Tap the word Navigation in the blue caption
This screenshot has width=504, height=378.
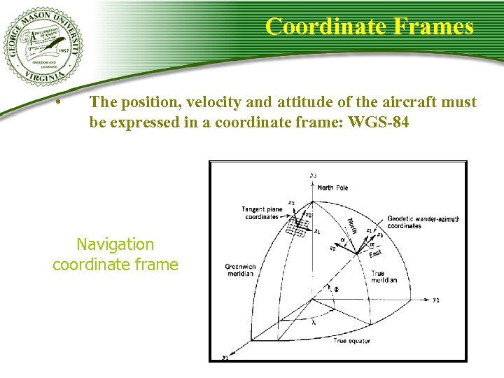pyautogui.click(x=115, y=244)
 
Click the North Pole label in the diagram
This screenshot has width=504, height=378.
pyautogui.click(x=332, y=188)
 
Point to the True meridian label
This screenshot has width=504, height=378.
pyautogui.click(x=384, y=276)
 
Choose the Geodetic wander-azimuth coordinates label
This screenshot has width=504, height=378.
pyautogui.click(x=423, y=222)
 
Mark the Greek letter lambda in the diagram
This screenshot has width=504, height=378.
pyautogui.click(x=313, y=323)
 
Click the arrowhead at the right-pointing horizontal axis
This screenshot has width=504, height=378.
pyautogui.click(x=427, y=300)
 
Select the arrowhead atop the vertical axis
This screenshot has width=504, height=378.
pyautogui.click(x=312, y=181)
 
